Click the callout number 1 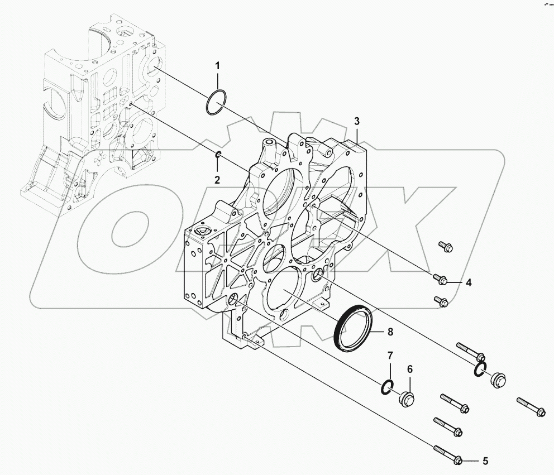click(x=218, y=67)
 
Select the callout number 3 click(x=357, y=121)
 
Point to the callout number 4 click(x=469, y=283)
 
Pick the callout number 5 click(x=485, y=461)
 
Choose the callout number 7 click(x=390, y=355)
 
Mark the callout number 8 click(x=390, y=332)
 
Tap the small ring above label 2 click(x=219, y=155)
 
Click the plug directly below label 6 click(x=406, y=398)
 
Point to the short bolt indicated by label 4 click(x=441, y=279)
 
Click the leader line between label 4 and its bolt click(x=455, y=282)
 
